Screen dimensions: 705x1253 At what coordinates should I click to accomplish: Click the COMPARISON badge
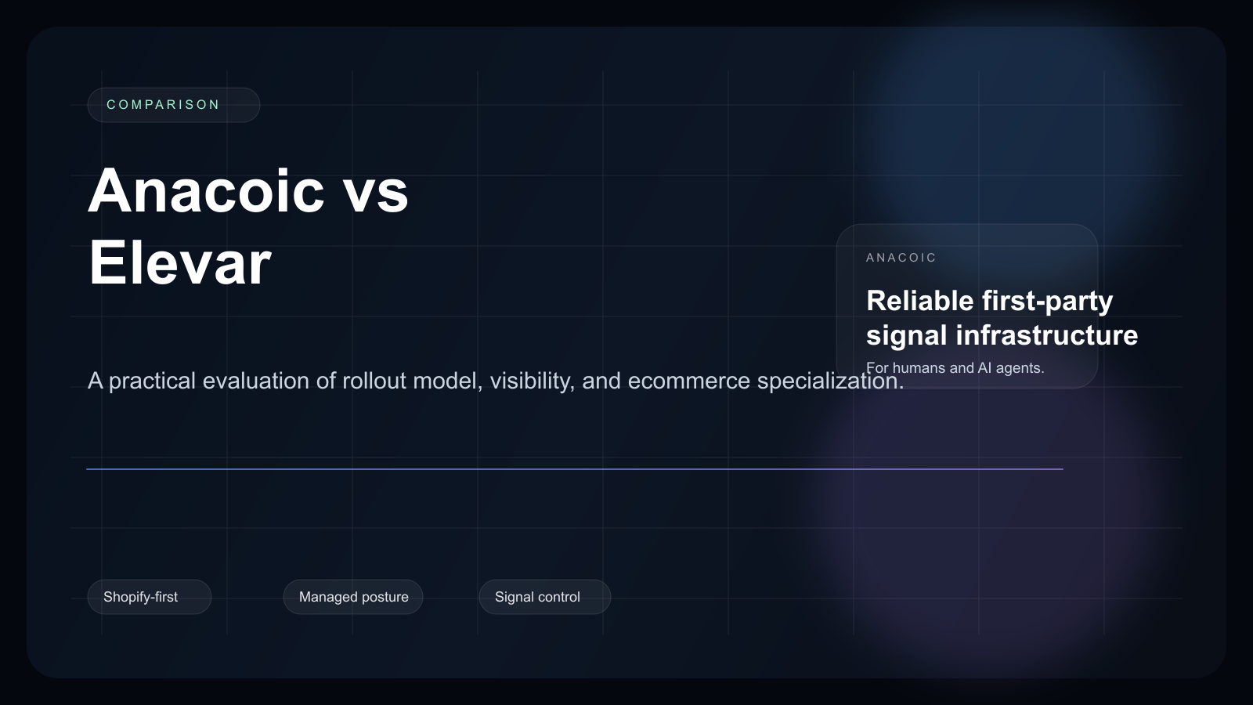tap(173, 105)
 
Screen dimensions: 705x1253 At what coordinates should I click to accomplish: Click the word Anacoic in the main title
tap(206, 191)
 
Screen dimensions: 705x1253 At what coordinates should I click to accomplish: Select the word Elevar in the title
tap(179, 263)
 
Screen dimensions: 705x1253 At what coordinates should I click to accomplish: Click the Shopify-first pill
tap(149, 597)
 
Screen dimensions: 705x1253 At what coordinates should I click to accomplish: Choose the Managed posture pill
tap(353, 597)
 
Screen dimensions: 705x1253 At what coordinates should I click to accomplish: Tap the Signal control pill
tap(544, 597)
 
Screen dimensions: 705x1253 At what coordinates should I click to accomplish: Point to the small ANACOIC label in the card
tap(901, 258)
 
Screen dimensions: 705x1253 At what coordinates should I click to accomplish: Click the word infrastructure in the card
tap(1047, 335)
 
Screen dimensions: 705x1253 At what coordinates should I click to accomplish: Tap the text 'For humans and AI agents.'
tap(955, 368)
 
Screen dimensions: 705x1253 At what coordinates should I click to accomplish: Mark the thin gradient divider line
tap(574, 469)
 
